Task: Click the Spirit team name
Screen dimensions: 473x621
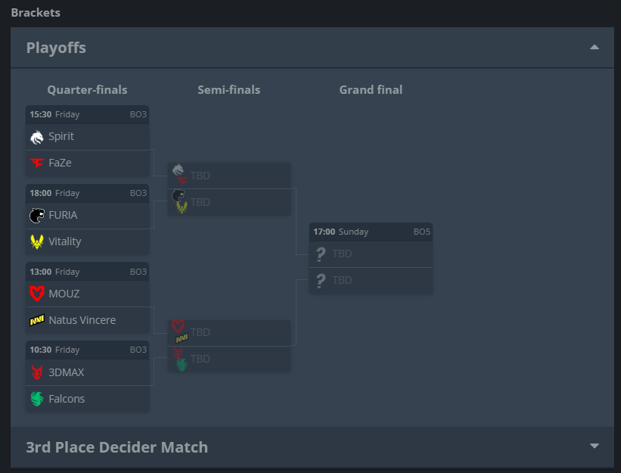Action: click(x=61, y=137)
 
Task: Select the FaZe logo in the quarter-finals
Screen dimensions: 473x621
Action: click(x=37, y=163)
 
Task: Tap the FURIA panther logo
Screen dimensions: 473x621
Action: click(x=37, y=215)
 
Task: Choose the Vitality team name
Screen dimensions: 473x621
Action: click(x=64, y=241)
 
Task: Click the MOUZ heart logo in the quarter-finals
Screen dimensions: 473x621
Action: click(x=37, y=294)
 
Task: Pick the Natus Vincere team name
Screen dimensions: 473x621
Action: click(x=82, y=320)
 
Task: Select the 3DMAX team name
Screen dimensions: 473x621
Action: click(x=67, y=372)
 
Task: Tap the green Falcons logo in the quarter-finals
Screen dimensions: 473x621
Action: click(x=37, y=399)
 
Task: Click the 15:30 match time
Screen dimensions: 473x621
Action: click(x=41, y=115)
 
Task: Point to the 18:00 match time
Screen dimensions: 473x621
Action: click(x=41, y=193)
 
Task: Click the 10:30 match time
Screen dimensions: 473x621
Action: click(x=41, y=350)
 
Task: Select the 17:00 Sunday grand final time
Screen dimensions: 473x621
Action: click(x=340, y=232)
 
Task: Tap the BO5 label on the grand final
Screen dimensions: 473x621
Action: click(x=421, y=232)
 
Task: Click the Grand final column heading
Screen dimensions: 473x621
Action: click(x=371, y=90)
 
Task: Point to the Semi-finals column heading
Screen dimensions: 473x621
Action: click(x=228, y=90)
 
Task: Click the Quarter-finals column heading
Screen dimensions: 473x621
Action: click(x=87, y=90)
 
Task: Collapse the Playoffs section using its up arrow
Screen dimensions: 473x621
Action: click(x=594, y=48)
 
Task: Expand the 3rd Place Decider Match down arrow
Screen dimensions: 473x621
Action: click(x=594, y=447)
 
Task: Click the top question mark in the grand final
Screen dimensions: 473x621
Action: click(x=321, y=254)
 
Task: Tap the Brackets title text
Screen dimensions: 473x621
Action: click(x=36, y=13)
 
